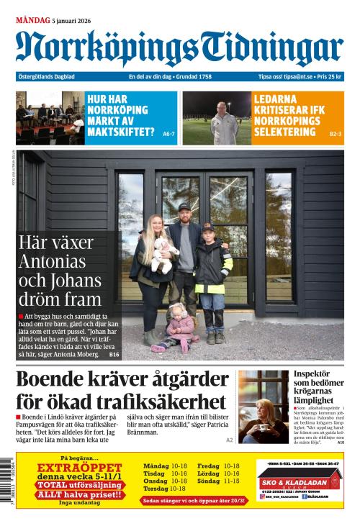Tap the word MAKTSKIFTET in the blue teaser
click(120, 132)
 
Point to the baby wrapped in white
click(164, 250)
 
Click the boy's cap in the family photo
click(207, 227)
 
